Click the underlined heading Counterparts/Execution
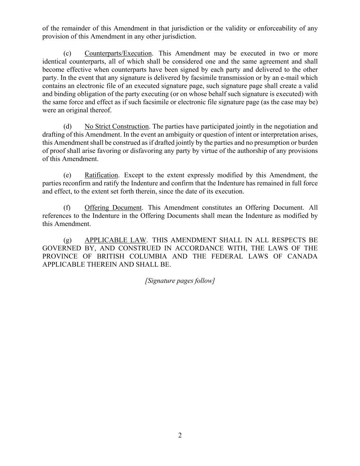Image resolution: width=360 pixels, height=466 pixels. pyautogui.click(x=118, y=54)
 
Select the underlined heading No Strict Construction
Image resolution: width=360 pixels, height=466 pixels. pyautogui.click(x=117, y=127)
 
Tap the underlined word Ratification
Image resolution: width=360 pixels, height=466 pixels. pyautogui.click(x=101, y=175)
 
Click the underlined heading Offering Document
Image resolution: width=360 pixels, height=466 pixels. pyautogui.click(x=113, y=208)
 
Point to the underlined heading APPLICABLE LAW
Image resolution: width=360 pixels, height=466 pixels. pyautogui.click(x=115, y=240)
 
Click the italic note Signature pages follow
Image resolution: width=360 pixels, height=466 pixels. pyautogui.click(x=180, y=281)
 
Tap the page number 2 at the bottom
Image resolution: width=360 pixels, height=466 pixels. pyautogui.click(x=180, y=435)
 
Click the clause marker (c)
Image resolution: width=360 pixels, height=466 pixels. pyautogui.click(x=67, y=54)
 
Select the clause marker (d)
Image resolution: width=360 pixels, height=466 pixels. pyautogui.click(x=67, y=127)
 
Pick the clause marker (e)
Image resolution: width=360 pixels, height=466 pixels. pyautogui.click(x=67, y=175)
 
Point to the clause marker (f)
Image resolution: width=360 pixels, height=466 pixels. pyautogui.click(x=67, y=208)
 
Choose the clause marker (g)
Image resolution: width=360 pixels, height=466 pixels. pyautogui.click(x=67, y=240)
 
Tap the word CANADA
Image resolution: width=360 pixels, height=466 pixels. pyautogui.click(x=302, y=257)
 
